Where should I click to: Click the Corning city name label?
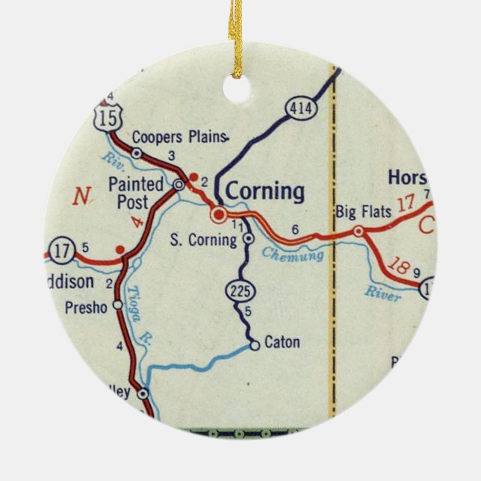[x=265, y=192]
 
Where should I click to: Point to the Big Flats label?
[x=364, y=212]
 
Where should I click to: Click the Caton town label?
[x=282, y=343]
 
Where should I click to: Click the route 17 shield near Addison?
[x=62, y=250]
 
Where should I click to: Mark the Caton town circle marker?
[x=255, y=345]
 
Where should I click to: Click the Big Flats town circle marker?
[x=359, y=232]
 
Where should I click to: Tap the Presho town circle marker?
[x=117, y=305]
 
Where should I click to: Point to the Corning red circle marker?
[x=218, y=215]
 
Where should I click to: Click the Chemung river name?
[x=293, y=255]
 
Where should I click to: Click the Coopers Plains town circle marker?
[x=136, y=153]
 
